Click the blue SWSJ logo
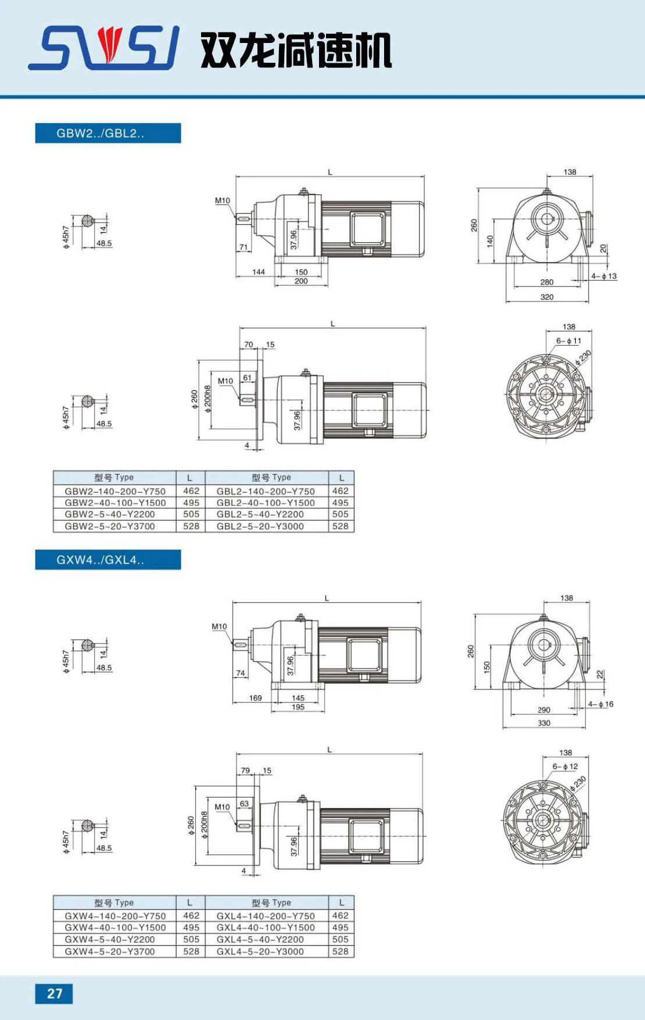coord(103,48)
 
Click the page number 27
coord(55,993)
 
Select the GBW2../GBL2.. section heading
coord(100,133)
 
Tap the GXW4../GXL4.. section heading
coord(100,560)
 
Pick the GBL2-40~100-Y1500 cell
coord(266,502)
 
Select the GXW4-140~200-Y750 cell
coord(115,916)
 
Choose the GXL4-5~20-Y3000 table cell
coord(260,951)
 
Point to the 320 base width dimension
coord(547,297)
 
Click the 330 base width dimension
coord(544,723)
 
